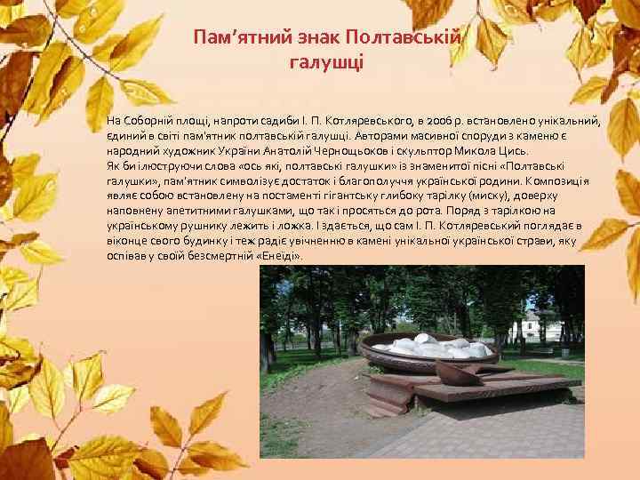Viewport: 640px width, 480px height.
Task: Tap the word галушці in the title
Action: [327, 62]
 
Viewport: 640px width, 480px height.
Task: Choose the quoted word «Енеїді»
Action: [278, 256]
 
